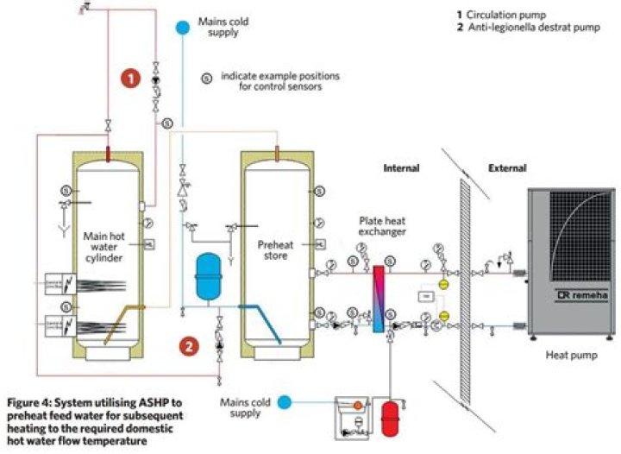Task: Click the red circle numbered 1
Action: pyautogui.click(x=130, y=78)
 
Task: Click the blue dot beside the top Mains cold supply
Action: pyautogui.click(x=182, y=26)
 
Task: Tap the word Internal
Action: pyautogui.click(x=401, y=168)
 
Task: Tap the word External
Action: pyautogui.click(x=506, y=168)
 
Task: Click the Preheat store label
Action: pyautogui.click(x=278, y=249)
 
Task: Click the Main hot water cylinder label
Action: pyautogui.click(x=105, y=247)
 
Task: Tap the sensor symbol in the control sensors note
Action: pyautogui.click(x=206, y=77)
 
